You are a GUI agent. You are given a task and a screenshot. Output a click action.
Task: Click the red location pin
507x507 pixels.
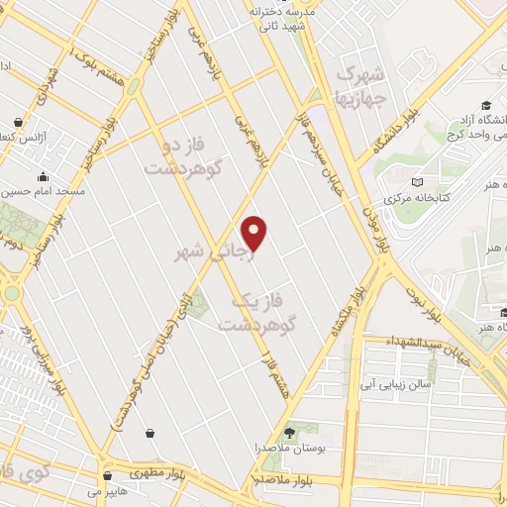254,233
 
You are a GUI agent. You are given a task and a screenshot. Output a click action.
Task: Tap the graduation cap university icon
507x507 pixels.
487,106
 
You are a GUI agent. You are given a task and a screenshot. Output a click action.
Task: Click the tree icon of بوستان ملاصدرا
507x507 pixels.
290,432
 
